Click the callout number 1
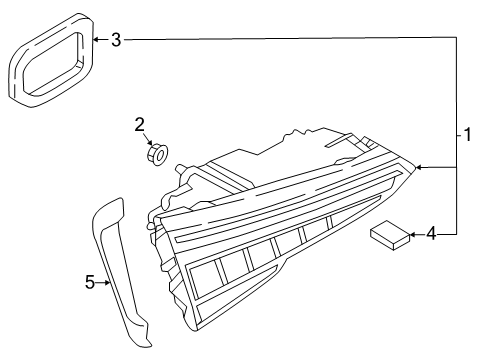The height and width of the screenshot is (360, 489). point(467,134)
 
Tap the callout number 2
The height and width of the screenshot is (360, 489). point(140,125)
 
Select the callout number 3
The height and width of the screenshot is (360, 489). point(116,40)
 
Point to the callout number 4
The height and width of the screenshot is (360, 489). point(431,233)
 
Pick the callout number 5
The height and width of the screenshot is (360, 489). point(90,282)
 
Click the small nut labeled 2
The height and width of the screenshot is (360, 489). point(157,153)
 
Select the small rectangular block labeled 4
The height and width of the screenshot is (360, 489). point(390,235)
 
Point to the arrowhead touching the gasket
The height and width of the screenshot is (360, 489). point(96,40)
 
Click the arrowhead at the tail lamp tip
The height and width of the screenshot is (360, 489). point(419,167)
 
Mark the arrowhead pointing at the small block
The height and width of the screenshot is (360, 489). point(413,235)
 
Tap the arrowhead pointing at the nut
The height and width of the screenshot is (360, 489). point(150,142)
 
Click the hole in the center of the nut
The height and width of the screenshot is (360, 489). point(161,155)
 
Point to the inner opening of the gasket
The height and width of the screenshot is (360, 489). point(52,62)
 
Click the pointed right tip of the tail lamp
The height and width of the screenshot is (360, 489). point(415,167)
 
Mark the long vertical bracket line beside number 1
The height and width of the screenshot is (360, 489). point(456,136)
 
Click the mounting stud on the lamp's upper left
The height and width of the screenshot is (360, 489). point(180,168)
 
